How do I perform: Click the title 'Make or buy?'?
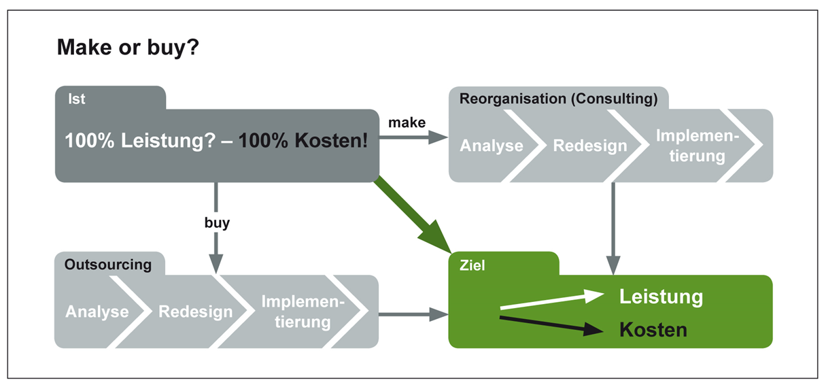point(128,48)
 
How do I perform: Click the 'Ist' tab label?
point(77,99)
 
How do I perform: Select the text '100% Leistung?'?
point(140,141)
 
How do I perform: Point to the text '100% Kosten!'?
point(303,141)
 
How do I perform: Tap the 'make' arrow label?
point(407,122)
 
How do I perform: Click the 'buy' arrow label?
point(217,223)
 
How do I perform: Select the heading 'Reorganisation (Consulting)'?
point(558,99)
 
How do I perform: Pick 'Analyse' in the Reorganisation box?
point(492,146)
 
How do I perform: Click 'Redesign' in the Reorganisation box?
point(590,146)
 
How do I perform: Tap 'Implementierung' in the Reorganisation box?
point(698,146)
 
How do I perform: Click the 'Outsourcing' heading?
point(108,265)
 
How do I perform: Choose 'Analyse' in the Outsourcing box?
point(97,312)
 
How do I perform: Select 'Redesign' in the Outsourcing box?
point(196,312)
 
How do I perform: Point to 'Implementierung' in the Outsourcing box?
point(303,312)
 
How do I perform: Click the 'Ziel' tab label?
point(472,266)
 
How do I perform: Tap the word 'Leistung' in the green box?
point(661,297)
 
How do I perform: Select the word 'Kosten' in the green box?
point(653,330)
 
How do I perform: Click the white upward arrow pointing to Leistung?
point(552,299)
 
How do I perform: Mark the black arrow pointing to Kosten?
point(551,325)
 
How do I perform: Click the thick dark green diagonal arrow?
point(413,214)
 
